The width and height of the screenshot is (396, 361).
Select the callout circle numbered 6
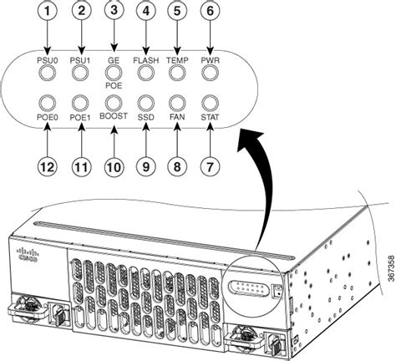pyautogui.click(x=210, y=13)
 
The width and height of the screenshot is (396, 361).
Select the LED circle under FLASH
pyautogui.click(x=145, y=73)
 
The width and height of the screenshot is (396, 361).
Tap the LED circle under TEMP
pyautogui.click(x=177, y=73)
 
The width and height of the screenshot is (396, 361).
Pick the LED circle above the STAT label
pyautogui.click(x=210, y=104)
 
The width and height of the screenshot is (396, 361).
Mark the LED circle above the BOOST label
pyautogui.click(x=112, y=104)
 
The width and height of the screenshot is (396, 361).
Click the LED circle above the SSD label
pyautogui.click(x=145, y=104)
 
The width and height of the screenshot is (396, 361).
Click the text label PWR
pyautogui.click(x=210, y=60)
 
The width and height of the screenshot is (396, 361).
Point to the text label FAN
pyautogui.click(x=177, y=118)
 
